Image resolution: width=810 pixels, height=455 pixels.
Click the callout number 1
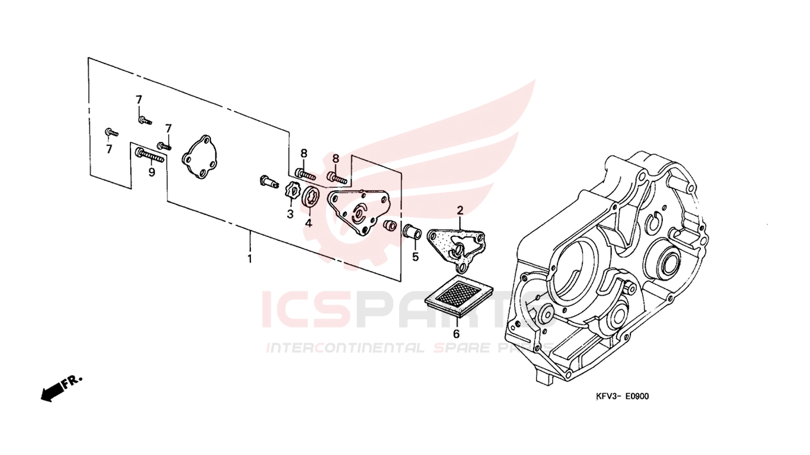point(250,259)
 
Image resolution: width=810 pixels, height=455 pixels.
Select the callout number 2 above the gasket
point(460,210)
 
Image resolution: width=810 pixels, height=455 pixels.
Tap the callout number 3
point(290,214)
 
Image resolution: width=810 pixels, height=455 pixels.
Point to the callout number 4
point(308,223)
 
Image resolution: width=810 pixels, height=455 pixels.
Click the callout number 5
point(416,257)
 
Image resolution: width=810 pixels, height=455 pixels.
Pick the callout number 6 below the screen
point(457,334)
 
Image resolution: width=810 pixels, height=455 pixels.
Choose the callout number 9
point(152,172)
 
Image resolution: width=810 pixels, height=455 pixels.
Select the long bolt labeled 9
point(149,156)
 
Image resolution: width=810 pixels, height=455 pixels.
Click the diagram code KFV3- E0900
point(623,396)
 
